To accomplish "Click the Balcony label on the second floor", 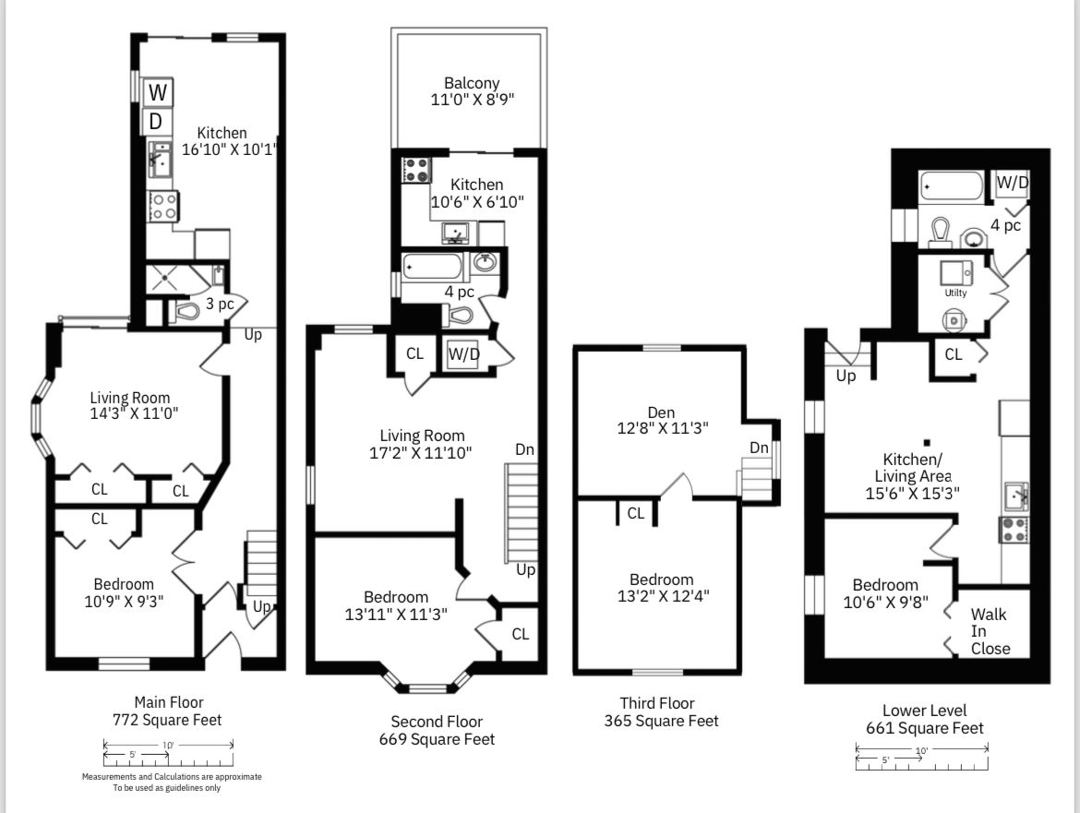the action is (x=472, y=83).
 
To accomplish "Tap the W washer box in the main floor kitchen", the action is (x=157, y=91).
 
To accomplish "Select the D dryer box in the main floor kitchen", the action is (x=156, y=121).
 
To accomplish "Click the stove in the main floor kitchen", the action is (x=164, y=206).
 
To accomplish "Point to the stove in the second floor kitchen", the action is (x=416, y=170).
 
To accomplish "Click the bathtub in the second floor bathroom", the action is (x=433, y=267).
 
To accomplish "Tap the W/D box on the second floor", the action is (x=463, y=354).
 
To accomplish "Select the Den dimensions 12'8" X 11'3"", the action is (x=663, y=428).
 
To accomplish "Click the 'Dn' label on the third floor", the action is (x=759, y=448).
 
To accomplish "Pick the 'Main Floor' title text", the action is (x=169, y=702).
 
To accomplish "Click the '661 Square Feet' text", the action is (x=924, y=728).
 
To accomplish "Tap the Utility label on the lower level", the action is (x=955, y=293).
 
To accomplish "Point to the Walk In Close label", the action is (x=990, y=631).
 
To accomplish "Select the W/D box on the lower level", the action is (x=1012, y=183).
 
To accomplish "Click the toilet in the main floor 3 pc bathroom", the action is (x=185, y=313).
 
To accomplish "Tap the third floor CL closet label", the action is (x=636, y=513).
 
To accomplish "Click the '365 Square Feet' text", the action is (x=661, y=721).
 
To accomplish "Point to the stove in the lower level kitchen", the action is (x=1014, y=530).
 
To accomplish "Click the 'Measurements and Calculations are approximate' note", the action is (x=172, y=776).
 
